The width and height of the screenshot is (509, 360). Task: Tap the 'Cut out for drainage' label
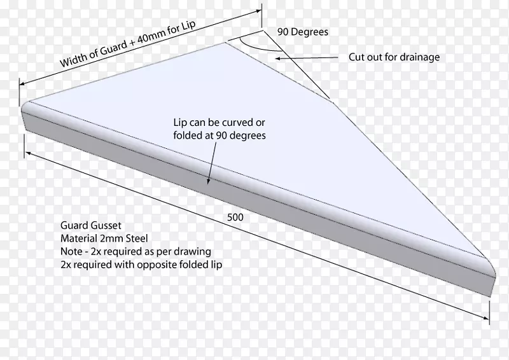pyautogui.click(x=394, y=57)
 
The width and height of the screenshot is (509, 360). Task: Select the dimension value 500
pyautogui.click(x=235, y=218)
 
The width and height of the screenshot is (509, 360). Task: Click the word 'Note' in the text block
pyautogui.click(x=66, y=251)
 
